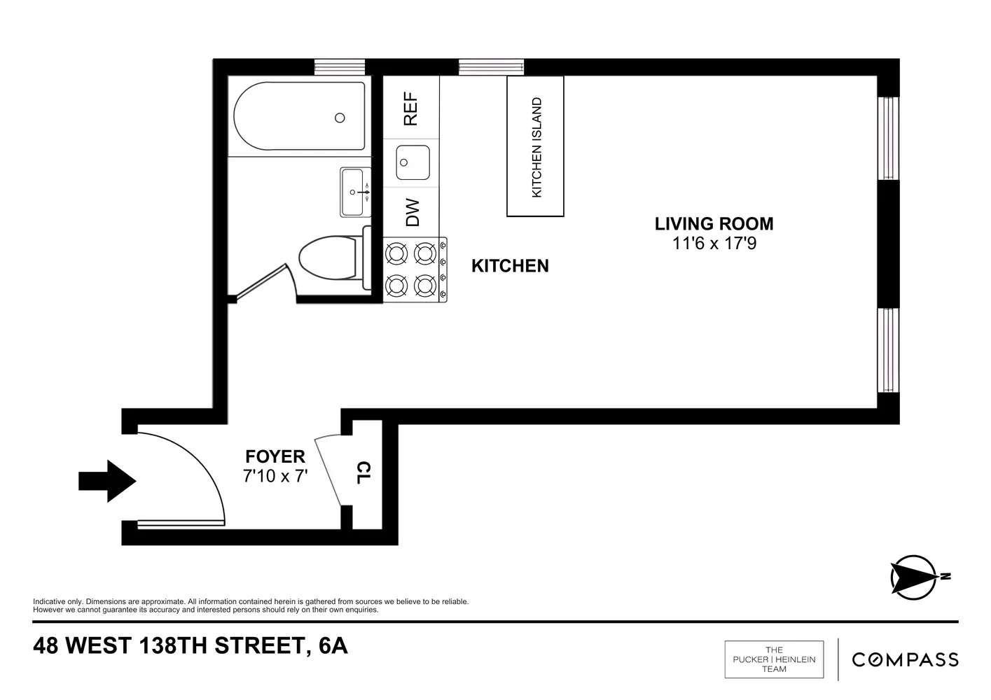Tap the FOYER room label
pos(275,457)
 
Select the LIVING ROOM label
pos(714,224)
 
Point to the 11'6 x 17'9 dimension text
pos(714,244)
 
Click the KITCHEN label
pos(510,266)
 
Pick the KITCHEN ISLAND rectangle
pos(536,146)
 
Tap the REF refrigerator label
pos(411,109)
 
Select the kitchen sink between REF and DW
pos(412,163)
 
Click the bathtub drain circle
pos(340,118)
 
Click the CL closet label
pos(364,472)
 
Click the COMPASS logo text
pos(905,659)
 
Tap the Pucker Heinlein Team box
pos(774,659)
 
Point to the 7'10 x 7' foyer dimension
pos(275,477)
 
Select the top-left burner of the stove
pos(397,253)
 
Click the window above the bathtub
pos(340,67)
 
